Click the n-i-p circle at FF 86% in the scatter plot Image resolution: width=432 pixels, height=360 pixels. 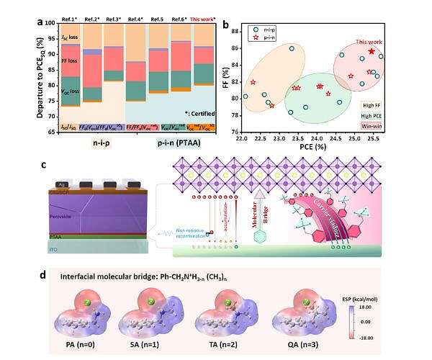[x=292, y=48]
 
